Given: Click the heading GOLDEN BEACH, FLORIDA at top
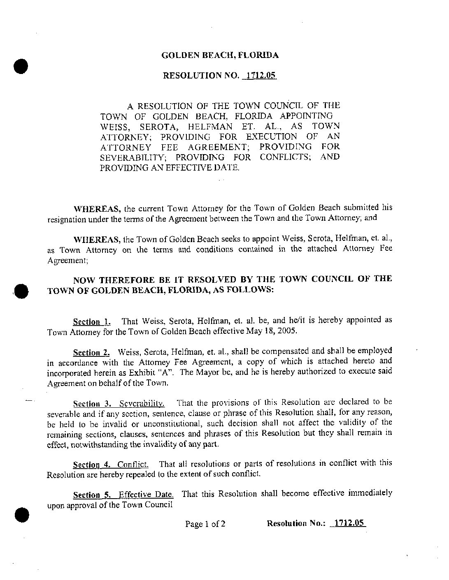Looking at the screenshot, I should (220, 55).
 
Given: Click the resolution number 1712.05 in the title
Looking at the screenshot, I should (260, 76).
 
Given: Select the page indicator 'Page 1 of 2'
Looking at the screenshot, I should (205, 524).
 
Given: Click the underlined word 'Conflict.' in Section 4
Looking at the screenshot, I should (133, 464).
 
